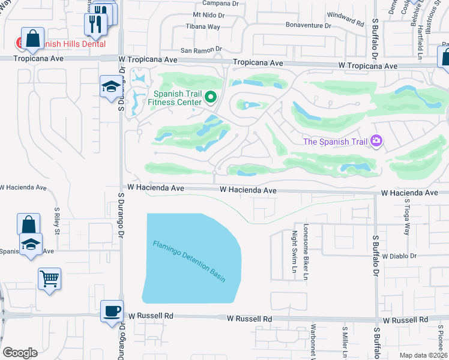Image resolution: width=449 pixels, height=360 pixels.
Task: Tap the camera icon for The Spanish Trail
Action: point(376,141)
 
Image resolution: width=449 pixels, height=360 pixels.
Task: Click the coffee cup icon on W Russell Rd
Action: point(112,311)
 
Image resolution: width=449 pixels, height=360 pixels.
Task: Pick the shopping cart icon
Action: point(49,278)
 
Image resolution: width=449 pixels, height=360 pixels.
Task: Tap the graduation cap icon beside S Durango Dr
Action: point(111,88)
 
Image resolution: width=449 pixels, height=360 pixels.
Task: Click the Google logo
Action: point(20,353)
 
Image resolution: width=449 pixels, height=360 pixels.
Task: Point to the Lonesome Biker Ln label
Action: point(306,252)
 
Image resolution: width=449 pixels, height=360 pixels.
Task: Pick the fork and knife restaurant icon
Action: point(95,24)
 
